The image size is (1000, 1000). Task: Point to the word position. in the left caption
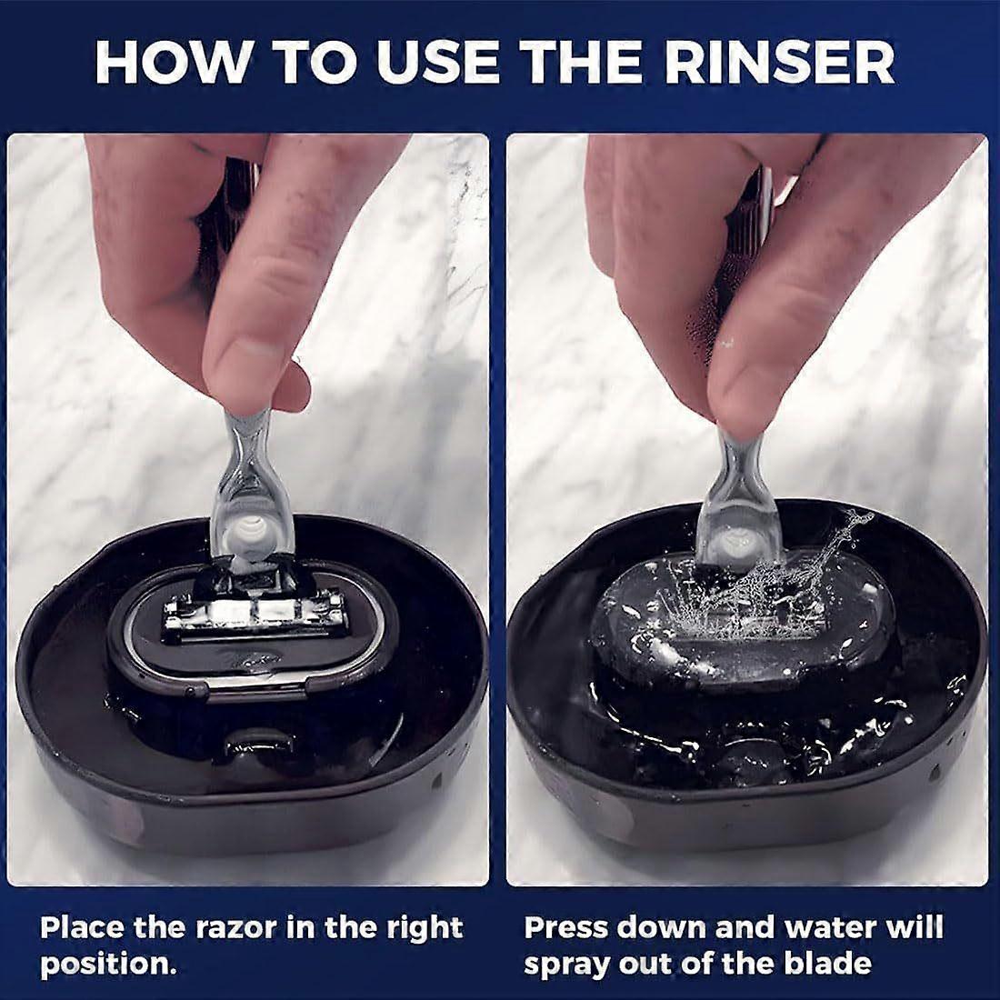pyautogui.click(x=107, y=965)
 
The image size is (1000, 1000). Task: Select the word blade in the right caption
pyautogui.click(x=826, y=964)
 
